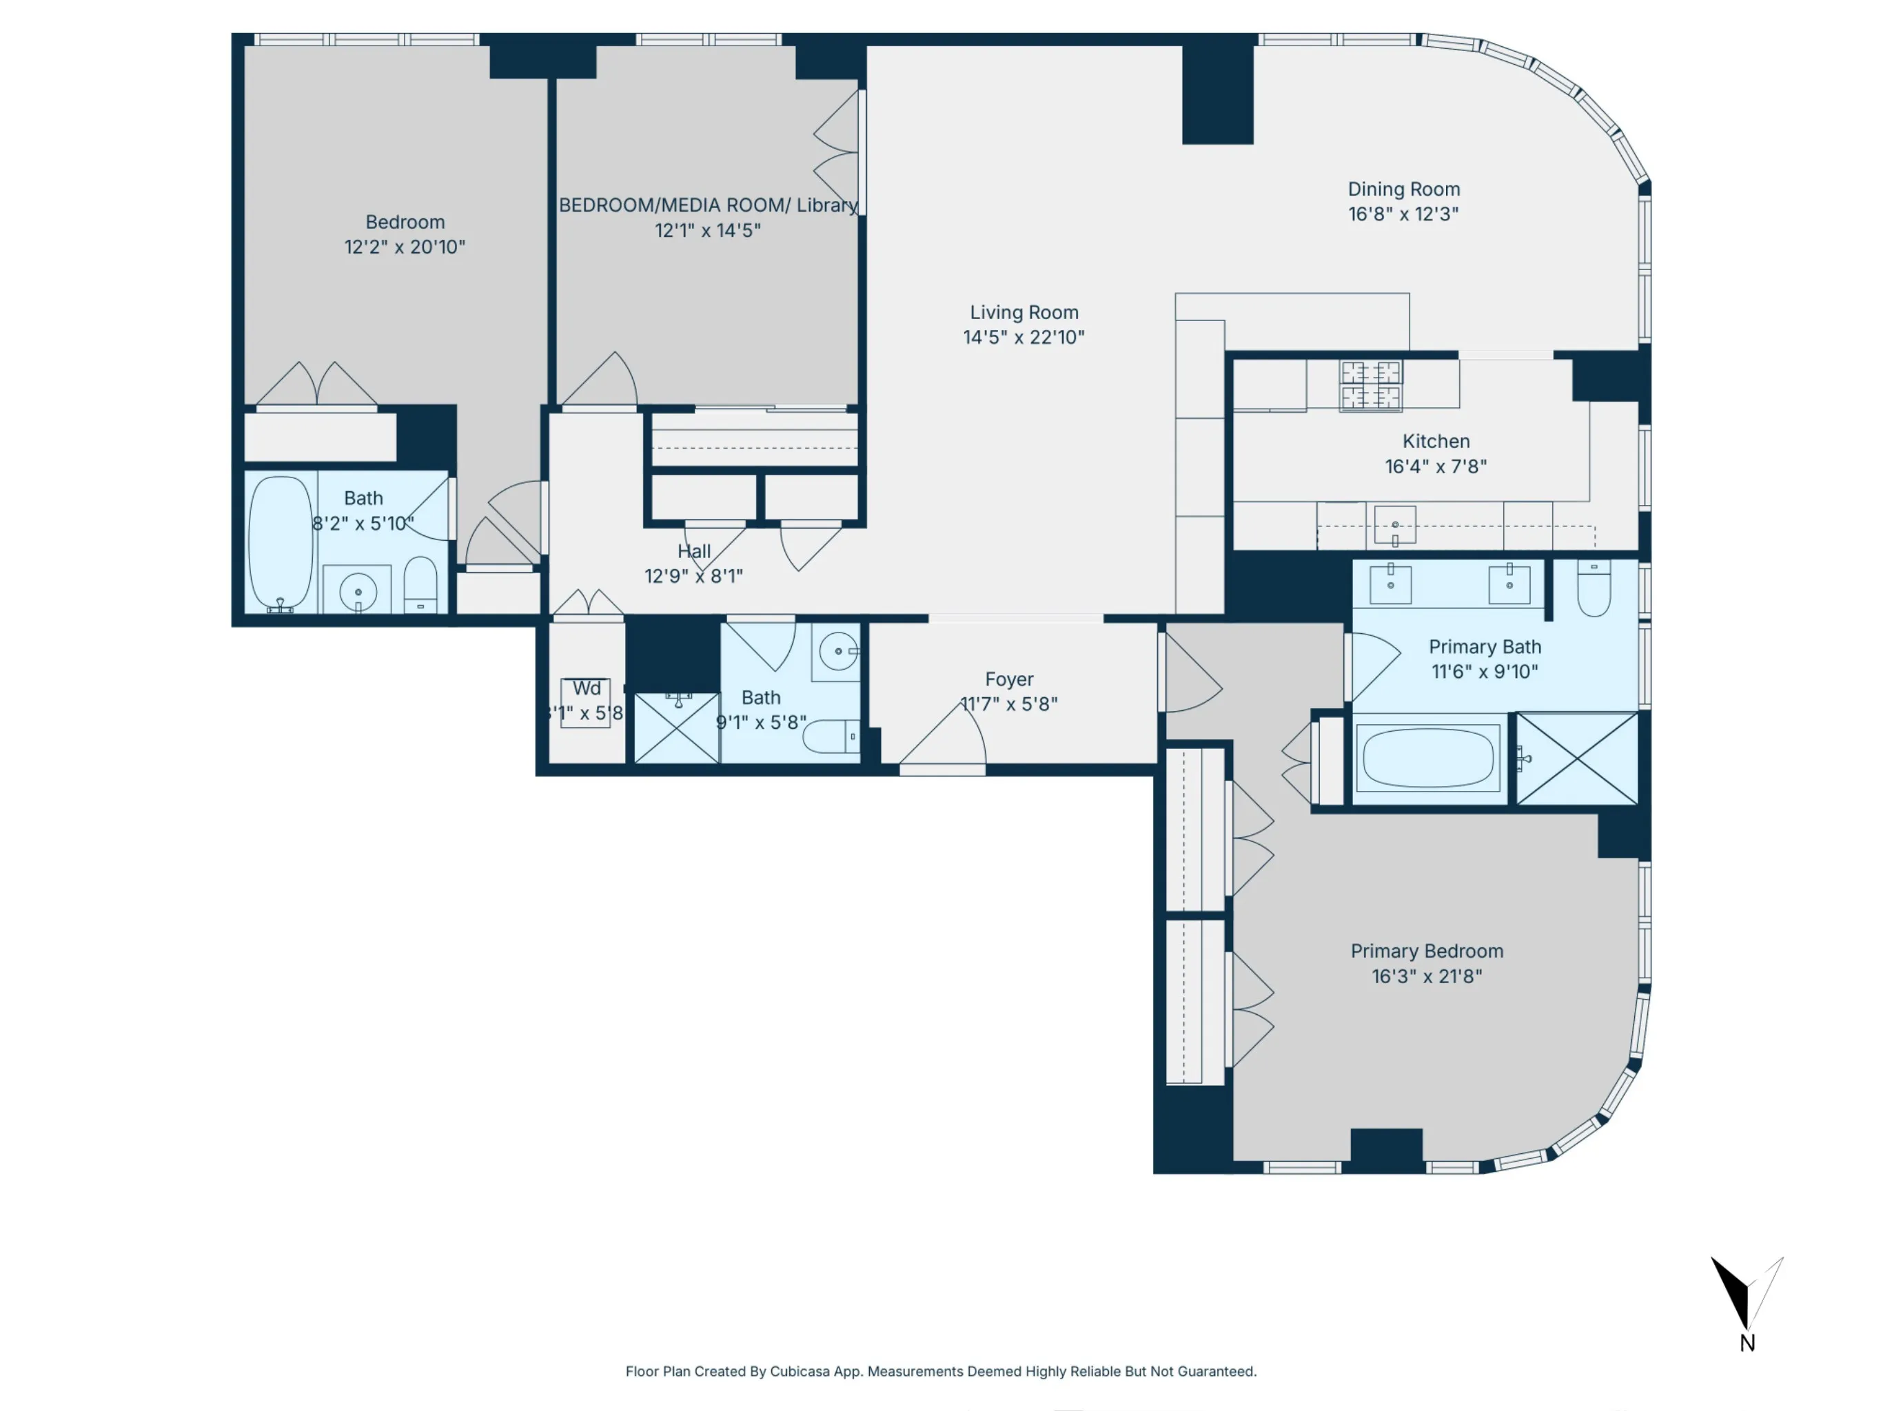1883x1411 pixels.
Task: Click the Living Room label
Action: pos(1024,312)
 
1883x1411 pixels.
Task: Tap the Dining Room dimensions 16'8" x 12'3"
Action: pos(1403,214)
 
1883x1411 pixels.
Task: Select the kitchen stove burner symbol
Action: pos(1370,384)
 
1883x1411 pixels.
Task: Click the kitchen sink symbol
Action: pos(1394,525)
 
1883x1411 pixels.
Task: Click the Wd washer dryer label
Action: pos(587,688)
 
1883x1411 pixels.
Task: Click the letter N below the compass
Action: pos(1747,1343)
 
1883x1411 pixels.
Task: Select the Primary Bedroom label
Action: pos(1427,951)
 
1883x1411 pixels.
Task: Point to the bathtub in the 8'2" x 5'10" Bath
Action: pos(280,542)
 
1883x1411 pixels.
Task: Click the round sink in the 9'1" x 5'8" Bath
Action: pos(837,652)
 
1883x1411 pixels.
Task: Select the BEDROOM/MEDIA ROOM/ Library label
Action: pos(707,205)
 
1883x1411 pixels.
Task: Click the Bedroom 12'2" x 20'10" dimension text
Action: pos(405,247)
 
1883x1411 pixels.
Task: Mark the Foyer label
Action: pos(1009,679)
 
